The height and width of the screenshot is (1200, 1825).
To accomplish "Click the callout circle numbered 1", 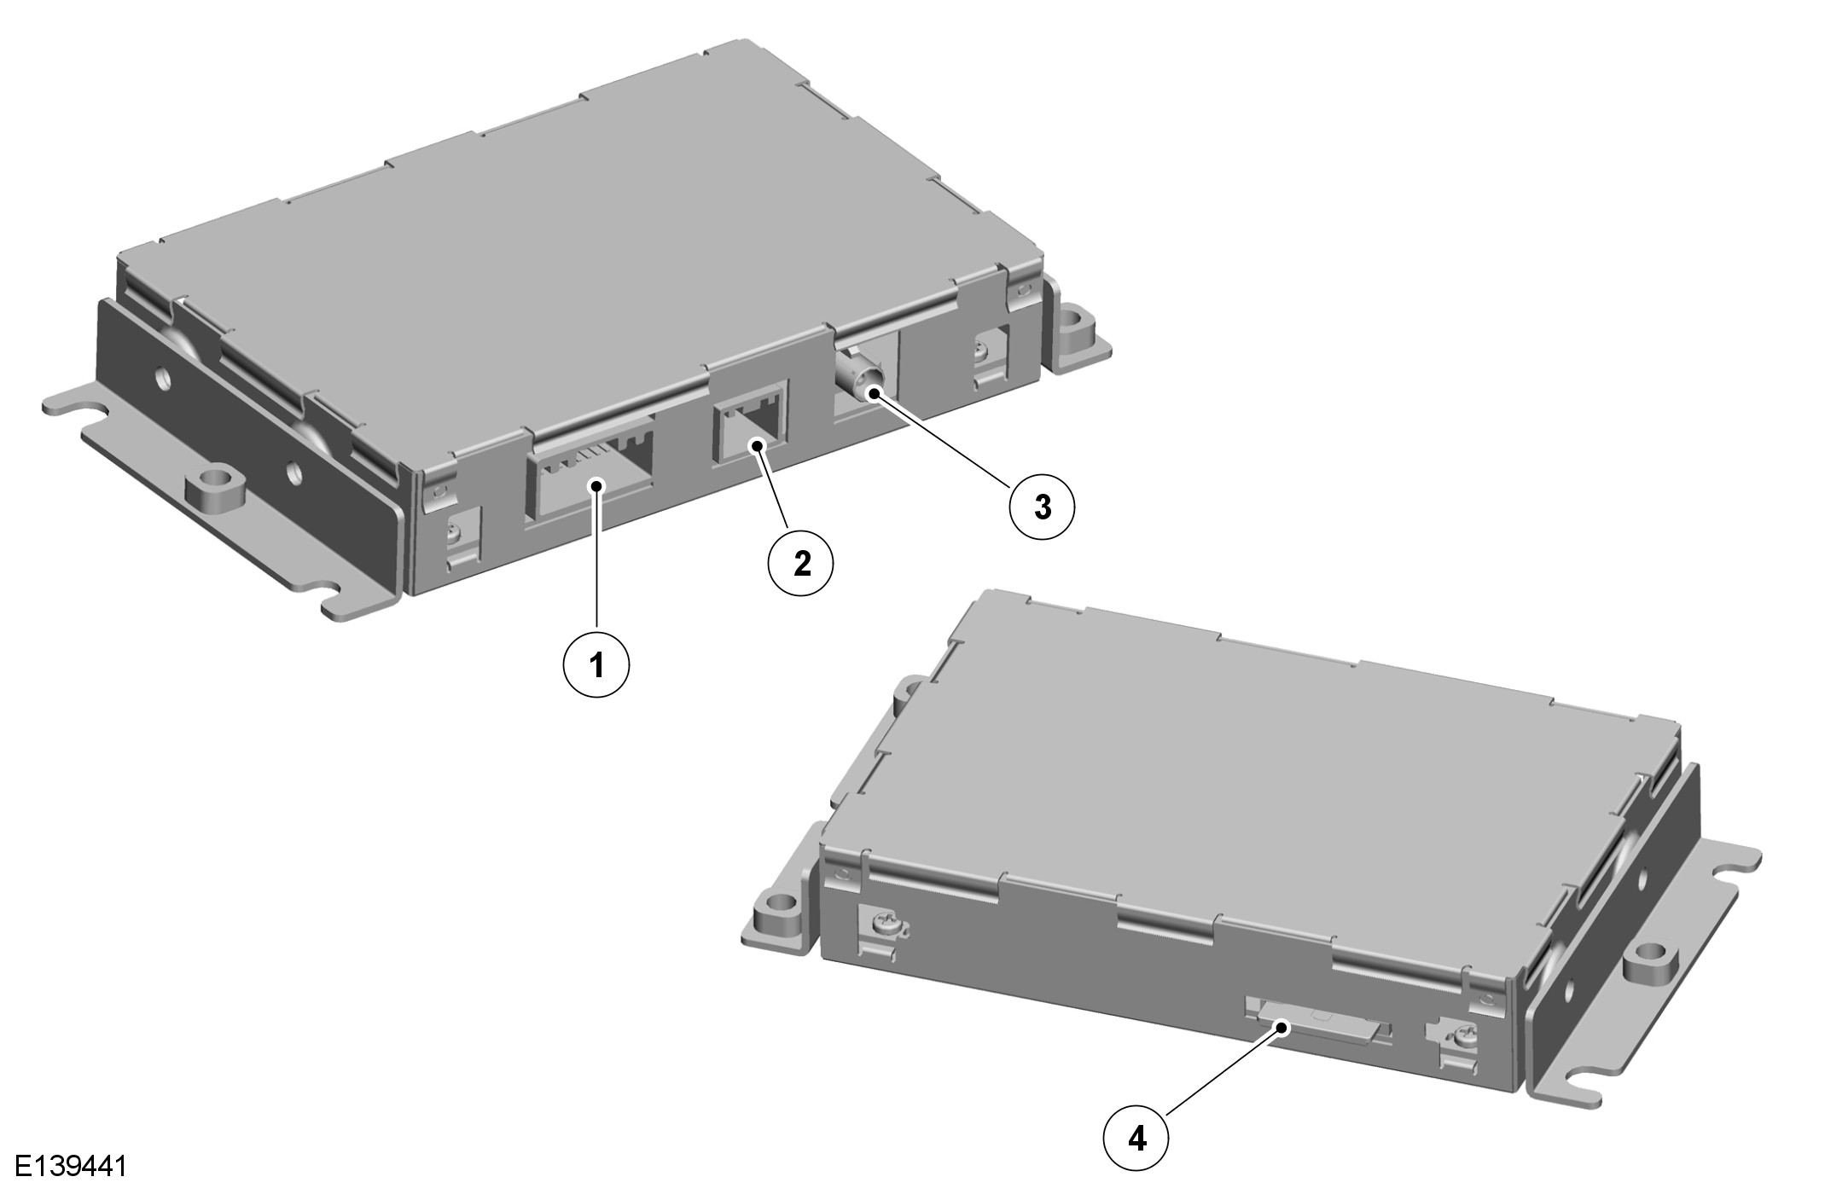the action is (x=596, y=663).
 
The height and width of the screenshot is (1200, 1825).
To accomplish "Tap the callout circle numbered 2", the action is (x=802, y=563).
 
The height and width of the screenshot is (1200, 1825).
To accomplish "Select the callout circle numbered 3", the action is (x=1043, y=507).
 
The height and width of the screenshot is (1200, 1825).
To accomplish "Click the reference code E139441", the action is (x=71, y=1166).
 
